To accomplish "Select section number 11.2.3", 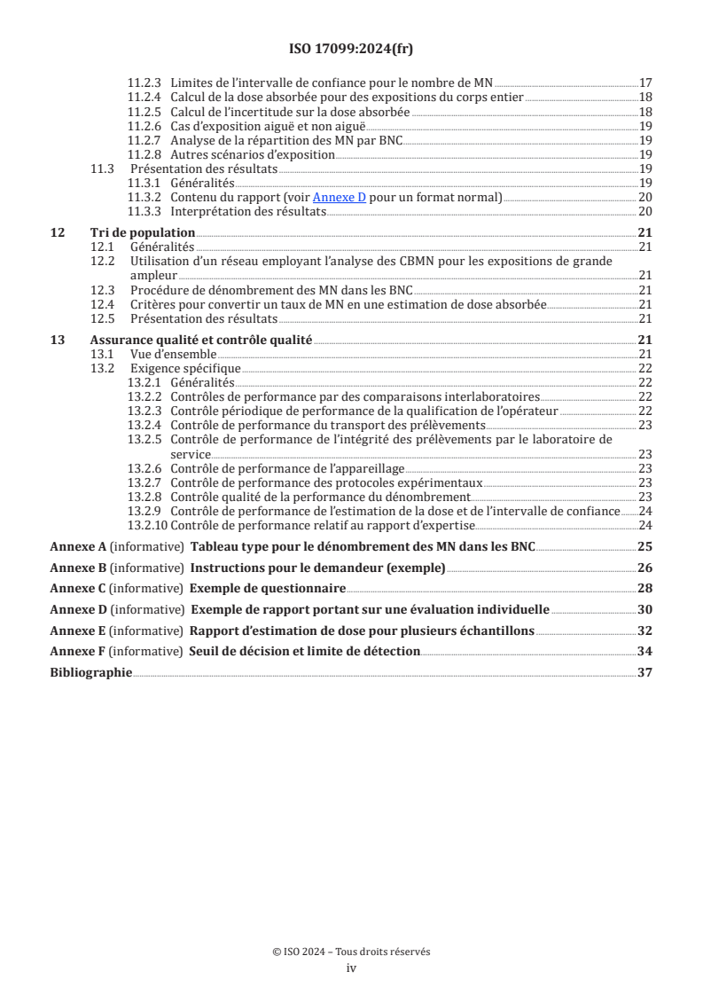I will [x=145, y=82].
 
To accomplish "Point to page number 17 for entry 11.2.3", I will [x=646, y=82].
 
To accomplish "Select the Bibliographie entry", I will [x=90, y=673].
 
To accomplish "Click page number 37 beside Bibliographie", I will [x=645, y=673].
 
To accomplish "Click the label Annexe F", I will [x=78, y=652].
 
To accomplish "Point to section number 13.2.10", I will [x=147, y=526].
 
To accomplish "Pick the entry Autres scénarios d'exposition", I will [x=253, y=154].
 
